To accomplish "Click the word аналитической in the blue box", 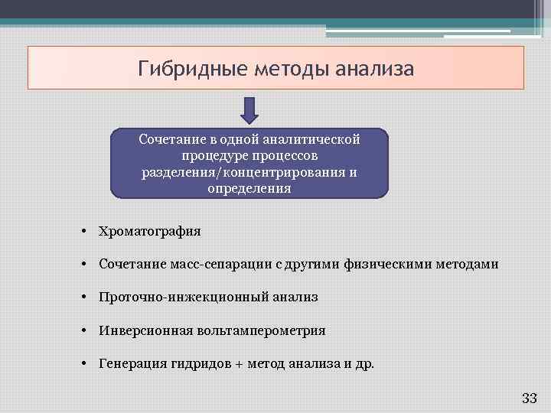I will [x=311, y=139].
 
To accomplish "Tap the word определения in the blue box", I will [x=249, y=188].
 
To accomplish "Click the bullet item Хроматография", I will [x=149, y=231].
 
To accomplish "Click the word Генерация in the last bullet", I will [x=128, y=363].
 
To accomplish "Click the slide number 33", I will [x=529, y=398].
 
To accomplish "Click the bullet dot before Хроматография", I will [x=88, y=231].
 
